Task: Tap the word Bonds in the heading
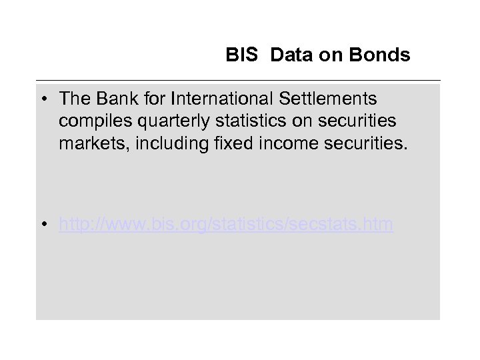(383, 55)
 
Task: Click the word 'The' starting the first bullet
(73, 99)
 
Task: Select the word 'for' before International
(153, 99)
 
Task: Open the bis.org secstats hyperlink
(226, 225)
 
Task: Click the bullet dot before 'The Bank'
(42, 100)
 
